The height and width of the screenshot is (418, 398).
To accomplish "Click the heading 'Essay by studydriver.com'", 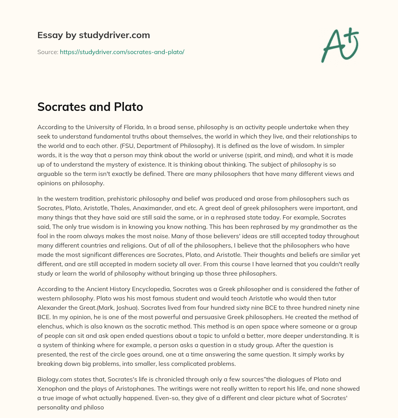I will [93, 35].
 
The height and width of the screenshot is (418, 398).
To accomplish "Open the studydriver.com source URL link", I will [122, 52].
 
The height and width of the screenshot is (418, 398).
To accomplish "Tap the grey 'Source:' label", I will [47, 52].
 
